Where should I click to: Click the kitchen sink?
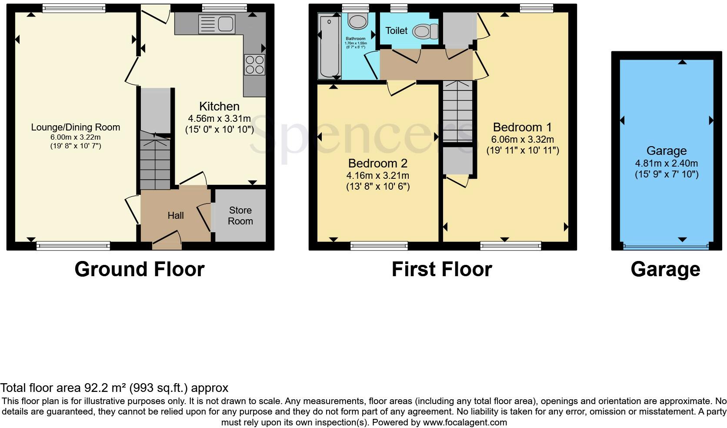tap(217, 24)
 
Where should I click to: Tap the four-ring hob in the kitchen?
tap(255, 65)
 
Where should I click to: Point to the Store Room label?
tap(240, 216)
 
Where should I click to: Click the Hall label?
tap(176, 215)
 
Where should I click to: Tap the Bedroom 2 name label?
tap(378, 163)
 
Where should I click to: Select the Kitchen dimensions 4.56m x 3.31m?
tap(220, 119)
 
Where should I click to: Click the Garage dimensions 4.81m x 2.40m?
tap(666, 163)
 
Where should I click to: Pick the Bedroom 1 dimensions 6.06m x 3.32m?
tap(523, 139)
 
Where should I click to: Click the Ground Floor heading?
tap(140, 269)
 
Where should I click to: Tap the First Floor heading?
tap(442, 269)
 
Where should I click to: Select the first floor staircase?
tap(457, 111)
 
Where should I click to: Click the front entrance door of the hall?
tap(167, 243)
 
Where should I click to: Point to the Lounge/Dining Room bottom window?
tap(73, 246)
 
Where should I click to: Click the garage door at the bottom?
tap(666, 247)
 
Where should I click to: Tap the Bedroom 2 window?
tap(379, 246)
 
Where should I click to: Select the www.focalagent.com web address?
tap(465, 422)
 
